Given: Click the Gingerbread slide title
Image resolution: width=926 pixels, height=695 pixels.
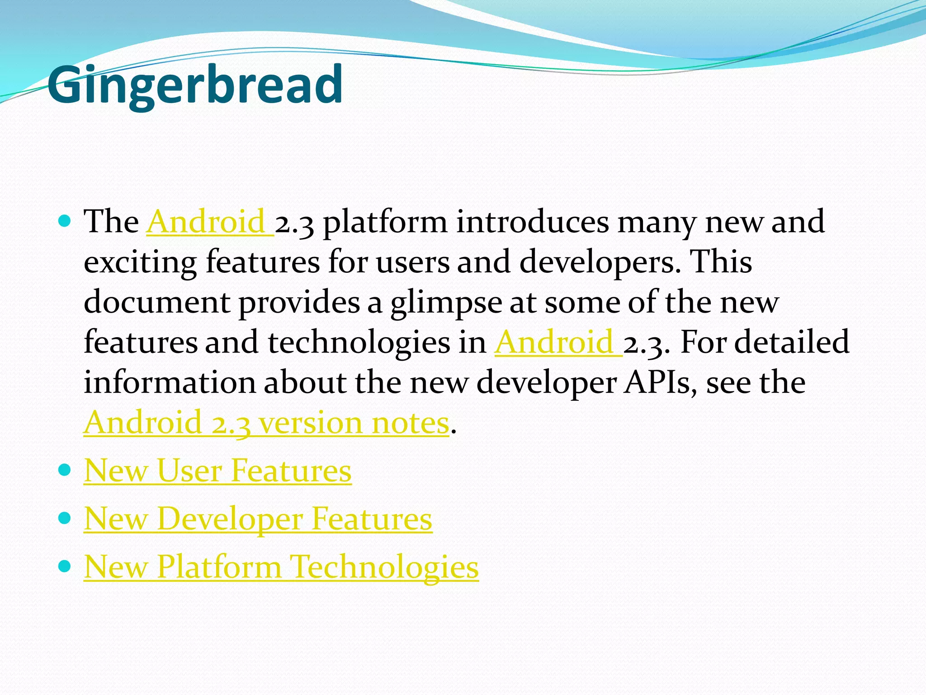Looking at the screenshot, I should pyautogui.click(x=194, y=85).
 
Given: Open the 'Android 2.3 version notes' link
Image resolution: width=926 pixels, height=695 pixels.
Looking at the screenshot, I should pyautogui.click(x=266, y=423).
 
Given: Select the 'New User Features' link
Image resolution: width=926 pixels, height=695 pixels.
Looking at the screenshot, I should pyautogui.click(x=217, y=471).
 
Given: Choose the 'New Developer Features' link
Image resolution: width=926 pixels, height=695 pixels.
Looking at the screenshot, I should pyautogui.click(x=258, y=519).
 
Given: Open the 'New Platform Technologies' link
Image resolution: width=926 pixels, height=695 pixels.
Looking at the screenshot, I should pyautogui.click(x=281, y=566).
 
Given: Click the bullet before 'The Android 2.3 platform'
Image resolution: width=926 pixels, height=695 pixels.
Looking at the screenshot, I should pyautogui.click(x=65, y=221).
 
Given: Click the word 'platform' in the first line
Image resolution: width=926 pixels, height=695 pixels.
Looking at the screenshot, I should pyautogui.click(x=385, y=223).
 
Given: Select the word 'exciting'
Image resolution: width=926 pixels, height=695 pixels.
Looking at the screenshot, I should pyautogui.click(x=140, y=262).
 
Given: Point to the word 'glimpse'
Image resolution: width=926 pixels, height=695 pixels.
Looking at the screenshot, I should pyautogui.click(x=446, y=303).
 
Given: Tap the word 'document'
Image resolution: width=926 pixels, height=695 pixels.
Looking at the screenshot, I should pyautogui.click(x=157, y=302).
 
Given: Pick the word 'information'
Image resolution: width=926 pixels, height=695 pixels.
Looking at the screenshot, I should pyautogui.click(x=170, y=383).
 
